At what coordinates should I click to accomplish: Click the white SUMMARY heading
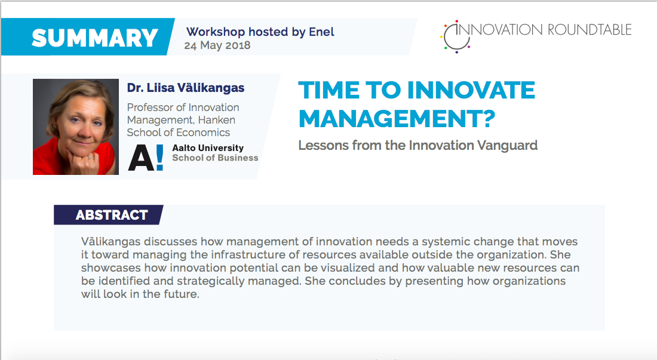95,38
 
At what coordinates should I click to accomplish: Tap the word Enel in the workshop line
321,32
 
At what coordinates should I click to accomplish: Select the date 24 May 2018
217,45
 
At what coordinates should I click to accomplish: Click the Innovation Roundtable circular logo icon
456,36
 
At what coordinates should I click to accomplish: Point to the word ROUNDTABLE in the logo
590,30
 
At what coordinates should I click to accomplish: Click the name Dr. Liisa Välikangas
186,88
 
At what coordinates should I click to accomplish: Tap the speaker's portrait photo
76,127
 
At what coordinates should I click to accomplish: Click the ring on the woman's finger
91,158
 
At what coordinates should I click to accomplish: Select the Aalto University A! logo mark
145,158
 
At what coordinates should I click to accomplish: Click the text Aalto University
208,148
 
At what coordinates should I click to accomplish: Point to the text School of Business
215,158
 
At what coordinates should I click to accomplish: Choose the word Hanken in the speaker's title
217,120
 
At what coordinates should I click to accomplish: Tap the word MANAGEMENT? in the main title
397,118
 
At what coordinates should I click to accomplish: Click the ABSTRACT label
112,215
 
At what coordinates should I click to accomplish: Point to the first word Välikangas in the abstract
110,242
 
